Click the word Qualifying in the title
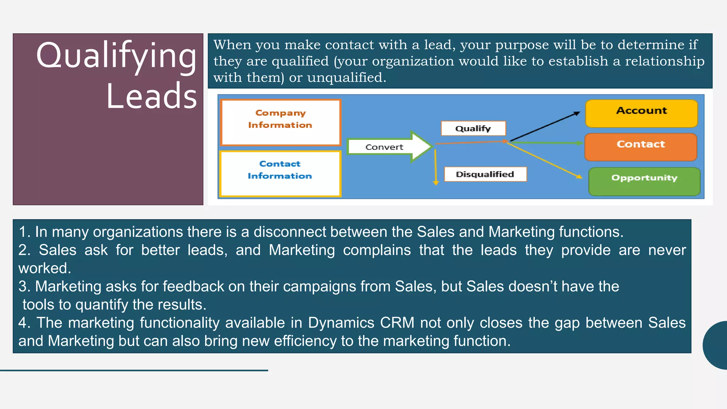(116, 56)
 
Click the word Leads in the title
(151, 96)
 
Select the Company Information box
(280, 122)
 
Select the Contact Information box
(280, 173)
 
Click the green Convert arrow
(389, 147)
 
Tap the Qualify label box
(473, 129)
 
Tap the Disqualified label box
(485, 174)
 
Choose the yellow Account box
(641, 113)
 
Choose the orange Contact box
(641, 147)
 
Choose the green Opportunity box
(644, 181)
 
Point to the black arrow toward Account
(545, 127)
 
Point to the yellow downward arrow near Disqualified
(436, 167)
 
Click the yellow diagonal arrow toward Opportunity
(545, 160)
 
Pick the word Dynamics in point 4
(341, 323)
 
